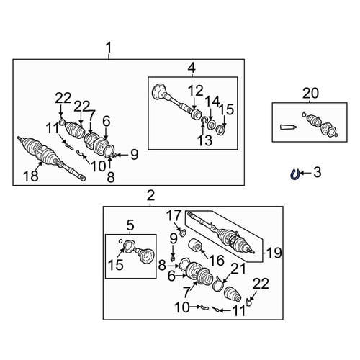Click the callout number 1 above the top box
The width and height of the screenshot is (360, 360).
109,48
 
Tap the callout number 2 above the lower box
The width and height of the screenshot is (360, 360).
150,196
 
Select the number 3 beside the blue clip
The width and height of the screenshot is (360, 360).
318,173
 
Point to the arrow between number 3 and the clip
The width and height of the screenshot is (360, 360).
305,173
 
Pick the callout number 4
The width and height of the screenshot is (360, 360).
192,68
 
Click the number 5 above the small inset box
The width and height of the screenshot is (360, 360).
130,225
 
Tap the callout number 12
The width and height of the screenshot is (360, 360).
196,91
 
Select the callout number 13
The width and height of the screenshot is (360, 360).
204,140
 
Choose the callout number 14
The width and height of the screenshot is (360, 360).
212,102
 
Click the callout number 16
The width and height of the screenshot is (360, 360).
217,261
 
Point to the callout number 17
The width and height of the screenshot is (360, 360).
174,215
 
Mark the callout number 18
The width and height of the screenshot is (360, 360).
31,176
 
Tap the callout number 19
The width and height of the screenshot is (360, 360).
274,253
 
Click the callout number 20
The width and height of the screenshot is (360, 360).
310,94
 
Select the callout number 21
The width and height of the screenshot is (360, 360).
238,269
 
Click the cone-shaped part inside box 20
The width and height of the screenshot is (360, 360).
288,127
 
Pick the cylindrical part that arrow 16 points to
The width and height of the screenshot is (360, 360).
195,246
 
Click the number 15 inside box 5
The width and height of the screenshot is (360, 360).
116,265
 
